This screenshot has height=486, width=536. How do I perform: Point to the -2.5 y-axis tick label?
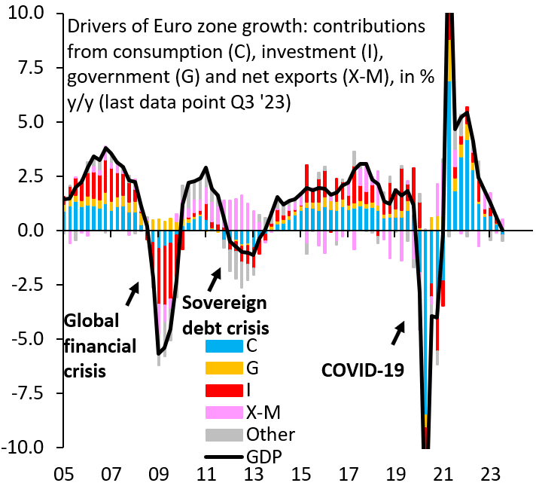click(x=30, y=285)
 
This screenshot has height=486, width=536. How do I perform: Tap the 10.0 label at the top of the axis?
click(x=29, y=14)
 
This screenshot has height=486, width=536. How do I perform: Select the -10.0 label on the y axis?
click(x=27, y=448)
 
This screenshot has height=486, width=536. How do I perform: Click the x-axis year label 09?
click(x=158, y=475)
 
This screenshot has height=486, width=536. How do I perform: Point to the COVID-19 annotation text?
click(x=358, y=371)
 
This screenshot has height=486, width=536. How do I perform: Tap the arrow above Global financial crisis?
click(x=132, y=294)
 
